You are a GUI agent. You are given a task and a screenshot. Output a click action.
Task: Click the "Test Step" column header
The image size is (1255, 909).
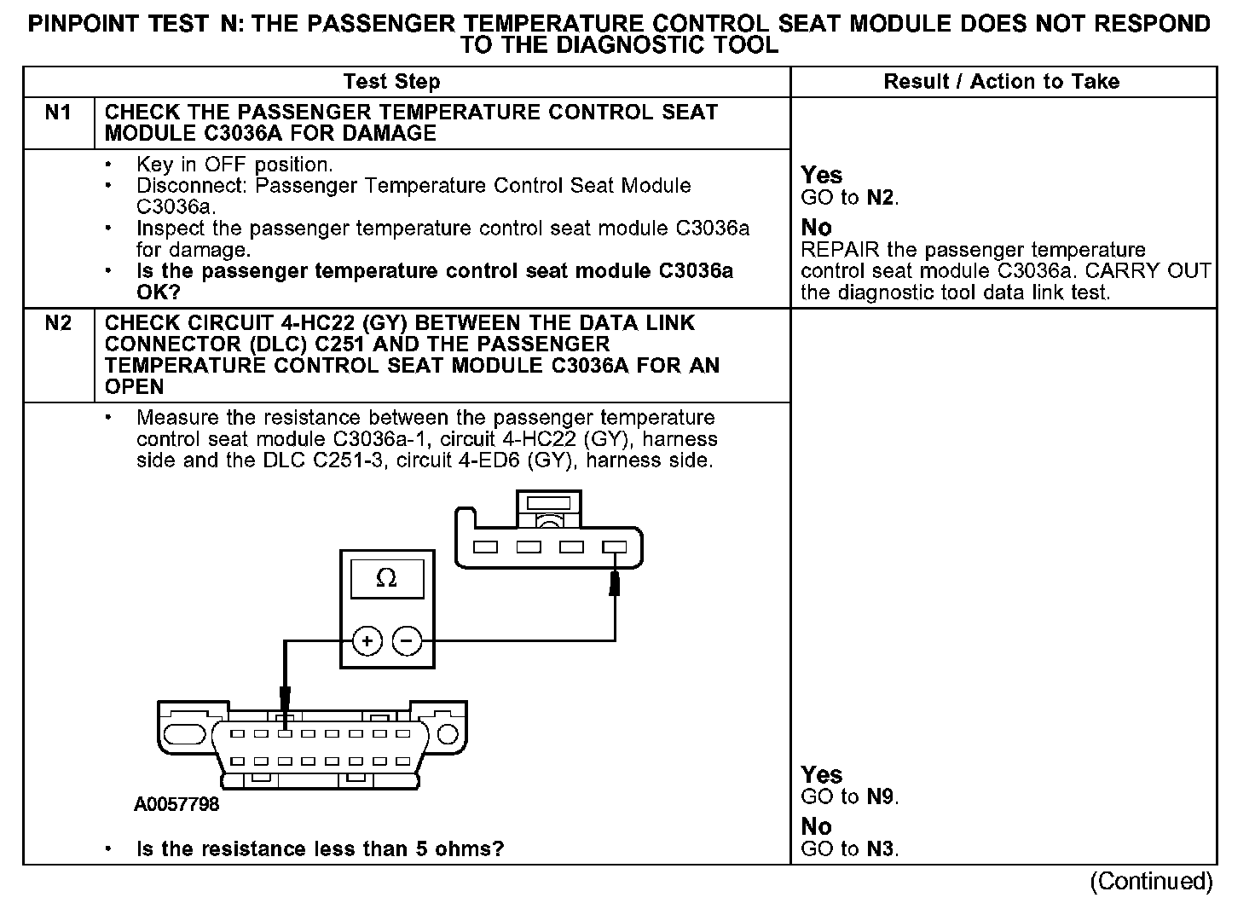coord(391,82)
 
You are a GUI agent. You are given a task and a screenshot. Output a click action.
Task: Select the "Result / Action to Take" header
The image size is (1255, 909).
coord(1001,82)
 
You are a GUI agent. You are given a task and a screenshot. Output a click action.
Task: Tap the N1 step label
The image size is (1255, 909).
coord(58,113)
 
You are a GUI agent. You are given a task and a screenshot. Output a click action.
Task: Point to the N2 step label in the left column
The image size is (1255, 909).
coord(58,323)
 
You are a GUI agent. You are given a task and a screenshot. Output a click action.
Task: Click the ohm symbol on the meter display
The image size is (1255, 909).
coord(386,579)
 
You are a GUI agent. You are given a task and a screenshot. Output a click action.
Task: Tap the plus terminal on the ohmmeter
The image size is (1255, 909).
coord(367,640)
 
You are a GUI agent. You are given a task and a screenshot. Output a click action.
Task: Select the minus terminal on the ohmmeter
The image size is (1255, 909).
coord(407,640)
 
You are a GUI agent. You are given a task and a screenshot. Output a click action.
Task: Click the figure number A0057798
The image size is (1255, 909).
coord(176,805)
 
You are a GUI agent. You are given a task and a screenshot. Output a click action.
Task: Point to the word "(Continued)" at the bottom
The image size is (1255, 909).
coord(1150,881)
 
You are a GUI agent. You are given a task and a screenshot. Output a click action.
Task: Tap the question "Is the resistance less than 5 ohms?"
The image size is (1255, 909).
coord(320,849)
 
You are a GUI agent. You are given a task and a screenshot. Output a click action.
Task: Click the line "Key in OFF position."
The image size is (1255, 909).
coord(234,165)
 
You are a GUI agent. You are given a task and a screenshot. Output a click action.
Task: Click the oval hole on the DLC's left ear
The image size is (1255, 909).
coord(185,735)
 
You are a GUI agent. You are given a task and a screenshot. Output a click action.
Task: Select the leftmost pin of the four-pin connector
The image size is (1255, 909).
coord(485,547)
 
